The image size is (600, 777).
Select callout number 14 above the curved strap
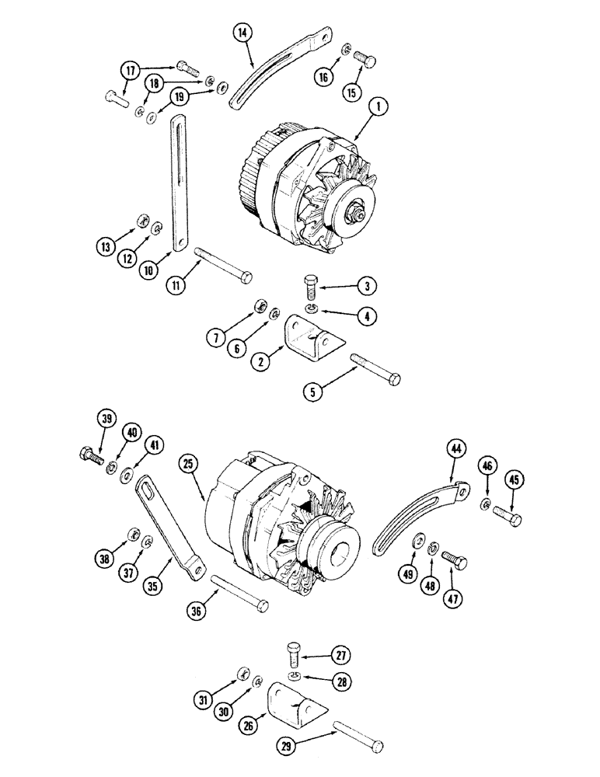coord(243,33)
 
